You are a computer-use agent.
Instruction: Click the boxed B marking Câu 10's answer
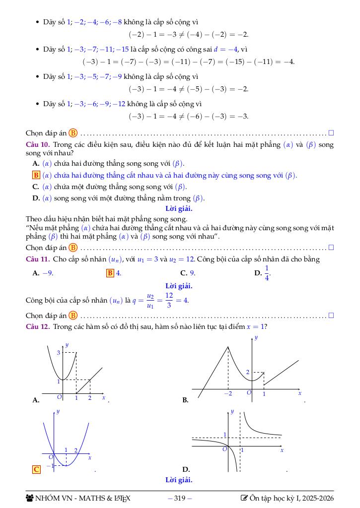[36, 175]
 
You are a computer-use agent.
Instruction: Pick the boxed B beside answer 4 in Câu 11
[110, 273]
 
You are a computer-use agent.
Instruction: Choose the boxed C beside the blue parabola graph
[36, 469]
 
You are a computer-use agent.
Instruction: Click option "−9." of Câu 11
[48, 273]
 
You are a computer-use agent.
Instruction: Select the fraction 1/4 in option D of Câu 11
[267, 273]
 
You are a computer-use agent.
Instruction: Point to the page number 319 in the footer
[180, 498]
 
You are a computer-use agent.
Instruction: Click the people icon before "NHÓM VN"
[29, 498]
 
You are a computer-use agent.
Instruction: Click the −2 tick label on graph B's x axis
[228, 393]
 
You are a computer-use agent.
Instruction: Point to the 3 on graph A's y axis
[58, 353]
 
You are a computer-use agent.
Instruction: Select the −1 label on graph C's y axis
[50, 466]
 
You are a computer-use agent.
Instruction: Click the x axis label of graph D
[282, 450]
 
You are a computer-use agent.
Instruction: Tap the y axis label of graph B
[256, 338]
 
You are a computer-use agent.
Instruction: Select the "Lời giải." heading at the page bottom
[179, 480]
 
